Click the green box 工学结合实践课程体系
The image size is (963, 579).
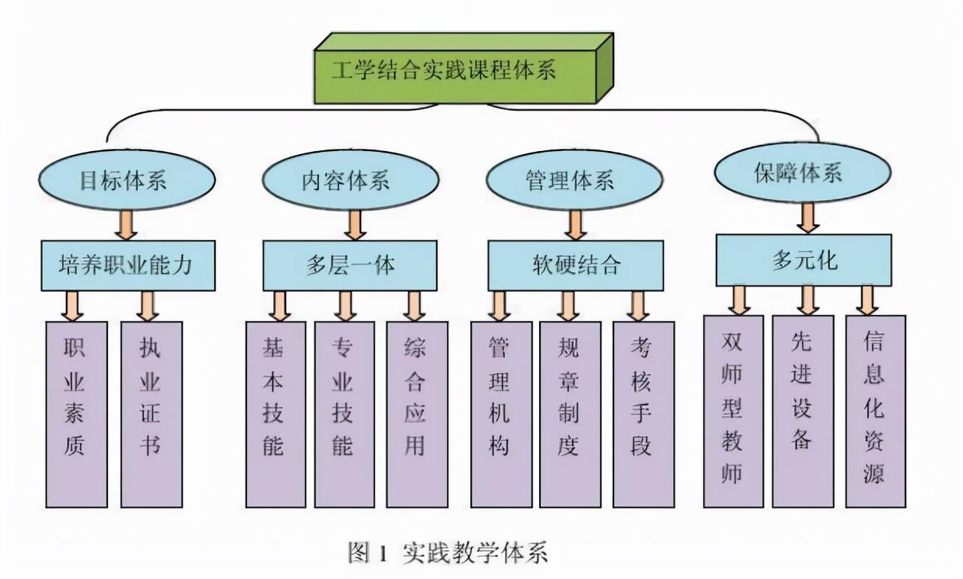(x=464, y=69)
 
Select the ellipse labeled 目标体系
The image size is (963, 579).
(x=127, y=180)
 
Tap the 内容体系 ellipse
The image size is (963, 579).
(x=350, y=180)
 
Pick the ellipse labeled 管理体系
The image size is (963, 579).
(x=574, y=180)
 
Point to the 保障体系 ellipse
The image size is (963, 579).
(x=803, y=173)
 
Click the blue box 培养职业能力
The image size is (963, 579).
(x=128, y=266)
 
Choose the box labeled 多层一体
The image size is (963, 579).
(x=350, y=266)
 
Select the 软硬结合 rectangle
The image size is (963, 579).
(x=576, y=266)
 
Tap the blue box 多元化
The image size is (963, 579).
(x=803, y=260)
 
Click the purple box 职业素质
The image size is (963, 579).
(x=76, y=414)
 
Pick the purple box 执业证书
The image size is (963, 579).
(x=151, y=414)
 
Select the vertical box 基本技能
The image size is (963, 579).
(x=276, y=414)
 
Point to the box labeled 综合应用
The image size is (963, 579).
(x=417, y=414)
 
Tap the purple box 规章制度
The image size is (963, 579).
(x=570, y=414)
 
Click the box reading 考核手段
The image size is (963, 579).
(x=643, y=414)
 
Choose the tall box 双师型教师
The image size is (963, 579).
(x=733, y=411)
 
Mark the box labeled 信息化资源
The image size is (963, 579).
(x=875, y=411)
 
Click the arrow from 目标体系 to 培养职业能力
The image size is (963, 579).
(x=126, y=224)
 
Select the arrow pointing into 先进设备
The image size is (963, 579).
(x=808, y=300)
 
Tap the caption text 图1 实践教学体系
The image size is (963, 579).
(x=448, y=552)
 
